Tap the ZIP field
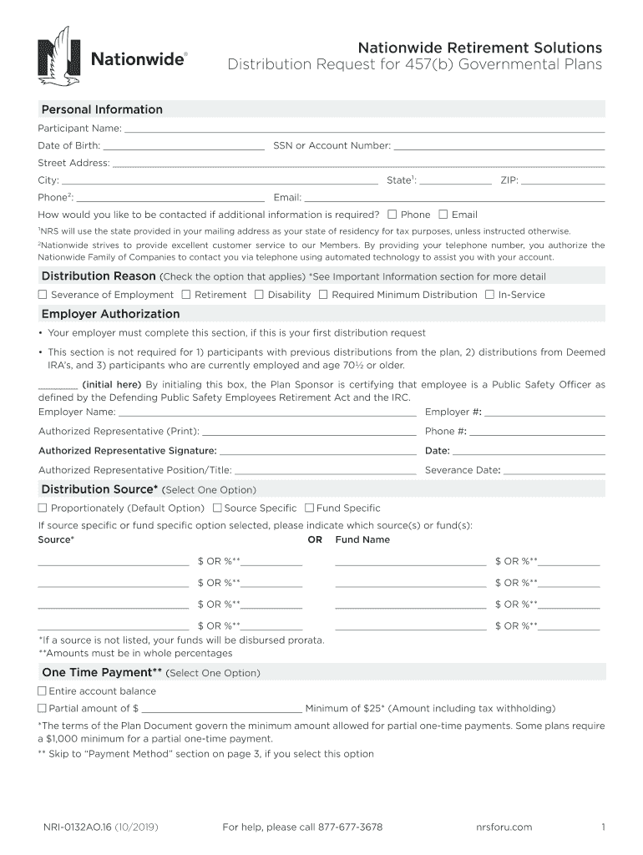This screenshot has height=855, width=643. click(x=563, y=180)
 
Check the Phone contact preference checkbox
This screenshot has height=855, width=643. click(x=393, y=215)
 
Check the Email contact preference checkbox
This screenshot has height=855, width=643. click(x=443, y=215)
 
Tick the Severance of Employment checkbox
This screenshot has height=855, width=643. click(x=43, y=295)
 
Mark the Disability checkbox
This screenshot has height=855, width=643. click(x=259, y=295)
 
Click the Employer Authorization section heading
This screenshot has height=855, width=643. click(x=110, y=314)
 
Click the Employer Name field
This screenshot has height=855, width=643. click(x=267, y=412)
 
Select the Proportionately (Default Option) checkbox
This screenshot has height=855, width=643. click(x=43, y=508)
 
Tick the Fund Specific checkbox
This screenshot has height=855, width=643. click(x=309, y=508)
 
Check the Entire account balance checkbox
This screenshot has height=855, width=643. click(x=42, y=691)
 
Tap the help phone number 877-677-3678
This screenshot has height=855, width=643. click(x=342, y=827)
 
